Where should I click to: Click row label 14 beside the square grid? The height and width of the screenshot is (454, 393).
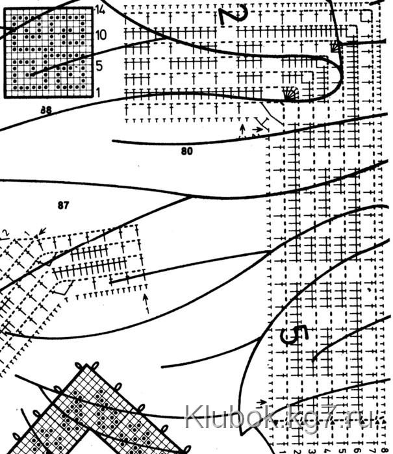coord(99,9)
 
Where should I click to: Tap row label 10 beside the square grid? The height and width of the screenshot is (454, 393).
coord(99,34)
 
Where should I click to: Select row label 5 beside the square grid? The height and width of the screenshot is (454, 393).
coord(98,65)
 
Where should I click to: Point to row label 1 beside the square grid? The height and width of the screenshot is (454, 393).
coord(97,93)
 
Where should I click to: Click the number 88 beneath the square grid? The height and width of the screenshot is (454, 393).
coord(45,110)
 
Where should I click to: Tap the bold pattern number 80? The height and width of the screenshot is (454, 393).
coord(187,152)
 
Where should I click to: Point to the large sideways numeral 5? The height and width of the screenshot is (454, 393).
coord(294,335)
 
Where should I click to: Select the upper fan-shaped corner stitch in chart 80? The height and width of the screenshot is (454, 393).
coord(336,46)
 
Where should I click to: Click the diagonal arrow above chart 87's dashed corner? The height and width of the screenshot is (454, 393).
coord(43,231)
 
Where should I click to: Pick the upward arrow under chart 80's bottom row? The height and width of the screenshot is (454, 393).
coord(244,130)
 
